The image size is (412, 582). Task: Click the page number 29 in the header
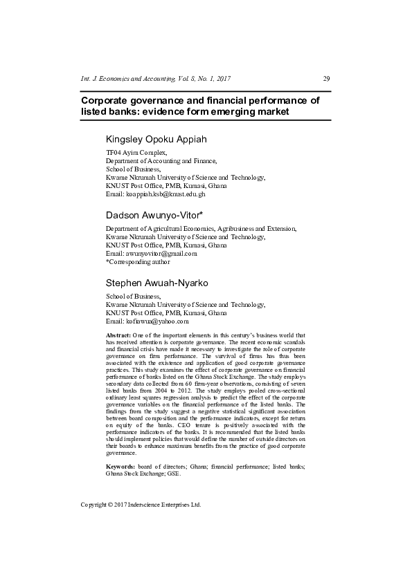[x=326, y=78]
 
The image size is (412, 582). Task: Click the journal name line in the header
[x=156, y=78]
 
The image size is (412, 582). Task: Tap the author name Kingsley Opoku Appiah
[x=156, y=140]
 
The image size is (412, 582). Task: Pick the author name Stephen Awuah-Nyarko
[x=156, y=283]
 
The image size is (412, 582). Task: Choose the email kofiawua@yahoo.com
[x=147, y=321]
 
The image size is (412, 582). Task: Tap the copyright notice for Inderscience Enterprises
[x=141, y=505]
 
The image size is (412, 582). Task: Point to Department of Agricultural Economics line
[x=200, y=228]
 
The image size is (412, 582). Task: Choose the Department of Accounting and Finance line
[x=161, y=160]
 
